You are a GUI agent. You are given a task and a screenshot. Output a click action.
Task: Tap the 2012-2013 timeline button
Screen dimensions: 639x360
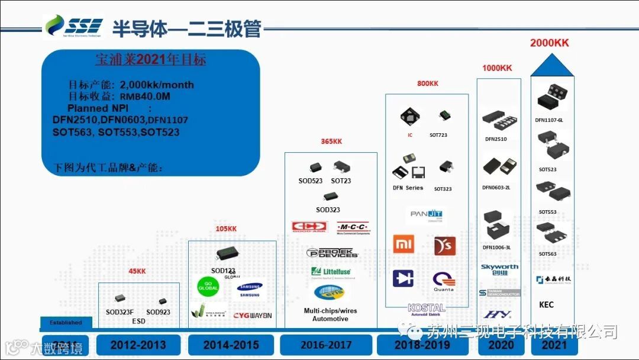pos(139,345)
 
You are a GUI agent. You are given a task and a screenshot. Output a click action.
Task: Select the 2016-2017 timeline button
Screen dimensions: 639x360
pos(326,345)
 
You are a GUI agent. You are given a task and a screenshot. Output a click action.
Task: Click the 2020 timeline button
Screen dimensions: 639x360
pos(500,345)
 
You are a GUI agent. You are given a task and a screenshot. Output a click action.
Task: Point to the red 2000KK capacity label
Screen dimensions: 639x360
pos(549,43)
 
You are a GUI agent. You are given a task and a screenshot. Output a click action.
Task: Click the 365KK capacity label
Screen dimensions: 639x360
pos(331,142)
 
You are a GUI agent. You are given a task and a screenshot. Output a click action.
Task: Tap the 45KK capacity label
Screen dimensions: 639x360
pos(137,272)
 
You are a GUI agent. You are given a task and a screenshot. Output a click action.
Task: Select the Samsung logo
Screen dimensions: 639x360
pos(249,291)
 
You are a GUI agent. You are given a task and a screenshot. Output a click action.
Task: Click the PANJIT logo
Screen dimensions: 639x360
pos(427,214)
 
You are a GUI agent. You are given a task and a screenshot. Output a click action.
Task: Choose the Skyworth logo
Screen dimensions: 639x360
pos(500,269)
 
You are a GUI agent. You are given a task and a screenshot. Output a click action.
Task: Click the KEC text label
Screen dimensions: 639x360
pos(546,305)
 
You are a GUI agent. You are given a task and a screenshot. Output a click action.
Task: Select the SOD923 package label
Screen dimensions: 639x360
pos(158,312)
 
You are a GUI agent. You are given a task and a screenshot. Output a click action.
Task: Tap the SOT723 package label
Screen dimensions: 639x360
pos(438,135)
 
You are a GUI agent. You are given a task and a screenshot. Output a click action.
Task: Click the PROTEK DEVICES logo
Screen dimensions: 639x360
pos(333,253)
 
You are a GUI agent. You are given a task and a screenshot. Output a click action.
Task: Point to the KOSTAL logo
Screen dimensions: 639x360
pos(426,308)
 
